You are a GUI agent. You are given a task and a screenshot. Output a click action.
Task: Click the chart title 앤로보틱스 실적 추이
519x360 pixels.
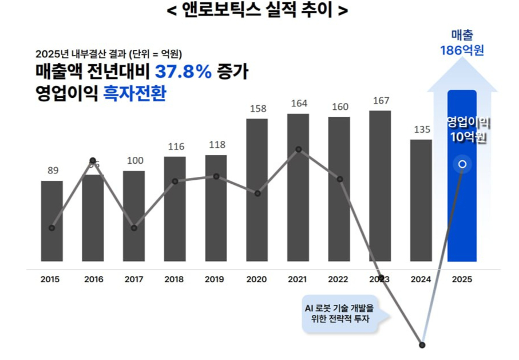pyautogui.click(x=259, y=10)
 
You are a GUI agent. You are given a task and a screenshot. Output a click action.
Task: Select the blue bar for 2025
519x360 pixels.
pyautogui.click(x=462, y=217)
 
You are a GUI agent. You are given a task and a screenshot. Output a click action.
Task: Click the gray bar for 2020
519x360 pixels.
pyautogui.click(x=257, y=229)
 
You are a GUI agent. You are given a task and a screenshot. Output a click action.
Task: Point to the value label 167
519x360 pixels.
pyautogui.click(x=381, y=101)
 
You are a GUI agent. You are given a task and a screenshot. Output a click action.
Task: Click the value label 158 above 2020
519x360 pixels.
pyautogui.click(x=257, y=108)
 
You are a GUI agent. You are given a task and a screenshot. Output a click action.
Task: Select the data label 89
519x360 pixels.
pyautogui.click(x=53, y=170)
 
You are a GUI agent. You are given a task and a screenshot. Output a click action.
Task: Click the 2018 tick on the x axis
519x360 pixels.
pyautogui.click(x=175, y=279)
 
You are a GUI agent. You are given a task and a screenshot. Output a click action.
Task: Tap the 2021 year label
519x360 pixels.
pyautogui.click(x=298, y=279)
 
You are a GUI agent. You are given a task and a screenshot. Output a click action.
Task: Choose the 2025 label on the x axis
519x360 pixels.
pyautogui.click(x=462, y=279)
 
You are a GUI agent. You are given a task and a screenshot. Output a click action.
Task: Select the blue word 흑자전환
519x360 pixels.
pyautogui.click(x=134, y=93)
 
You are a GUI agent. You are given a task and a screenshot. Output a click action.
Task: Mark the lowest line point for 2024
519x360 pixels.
pyautogui.click(x=422, y=345)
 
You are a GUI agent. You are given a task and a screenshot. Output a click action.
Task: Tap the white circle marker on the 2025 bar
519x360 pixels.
pyautogui.click(x=462, y=165)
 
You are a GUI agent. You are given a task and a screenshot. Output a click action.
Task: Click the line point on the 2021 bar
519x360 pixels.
pyautogui.click(x=298, y=150)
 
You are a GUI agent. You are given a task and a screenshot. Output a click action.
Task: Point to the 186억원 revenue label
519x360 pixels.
pyautogui.click(x=462, y=50)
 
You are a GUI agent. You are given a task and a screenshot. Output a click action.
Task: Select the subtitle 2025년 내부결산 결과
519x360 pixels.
pyautogui.click(x=109, y=54)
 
